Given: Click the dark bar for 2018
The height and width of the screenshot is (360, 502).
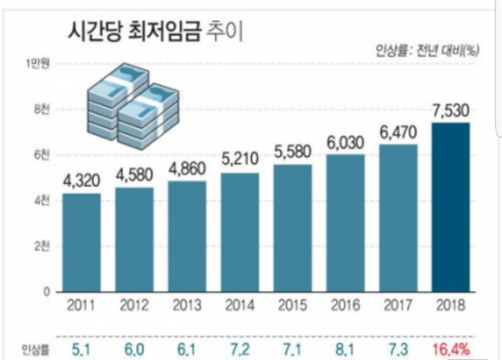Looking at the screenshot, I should click(450, 207).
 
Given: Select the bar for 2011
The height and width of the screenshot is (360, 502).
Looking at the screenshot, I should click(82, 242).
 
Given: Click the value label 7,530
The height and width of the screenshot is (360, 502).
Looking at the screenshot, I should click(450, 109).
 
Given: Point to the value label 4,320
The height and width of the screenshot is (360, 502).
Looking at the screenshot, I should click(82, 180).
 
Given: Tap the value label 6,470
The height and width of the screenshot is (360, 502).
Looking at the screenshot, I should click(397, 131).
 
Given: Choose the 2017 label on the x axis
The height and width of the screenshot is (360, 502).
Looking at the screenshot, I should click(397, 303).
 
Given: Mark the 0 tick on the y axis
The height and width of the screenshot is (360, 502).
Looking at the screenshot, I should click(46, 291).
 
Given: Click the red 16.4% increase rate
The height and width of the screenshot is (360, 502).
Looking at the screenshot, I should click(450, 344).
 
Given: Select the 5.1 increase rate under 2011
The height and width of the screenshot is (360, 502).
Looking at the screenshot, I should click(82, 344).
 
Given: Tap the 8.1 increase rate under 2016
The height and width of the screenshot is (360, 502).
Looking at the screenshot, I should click(345, 344).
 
